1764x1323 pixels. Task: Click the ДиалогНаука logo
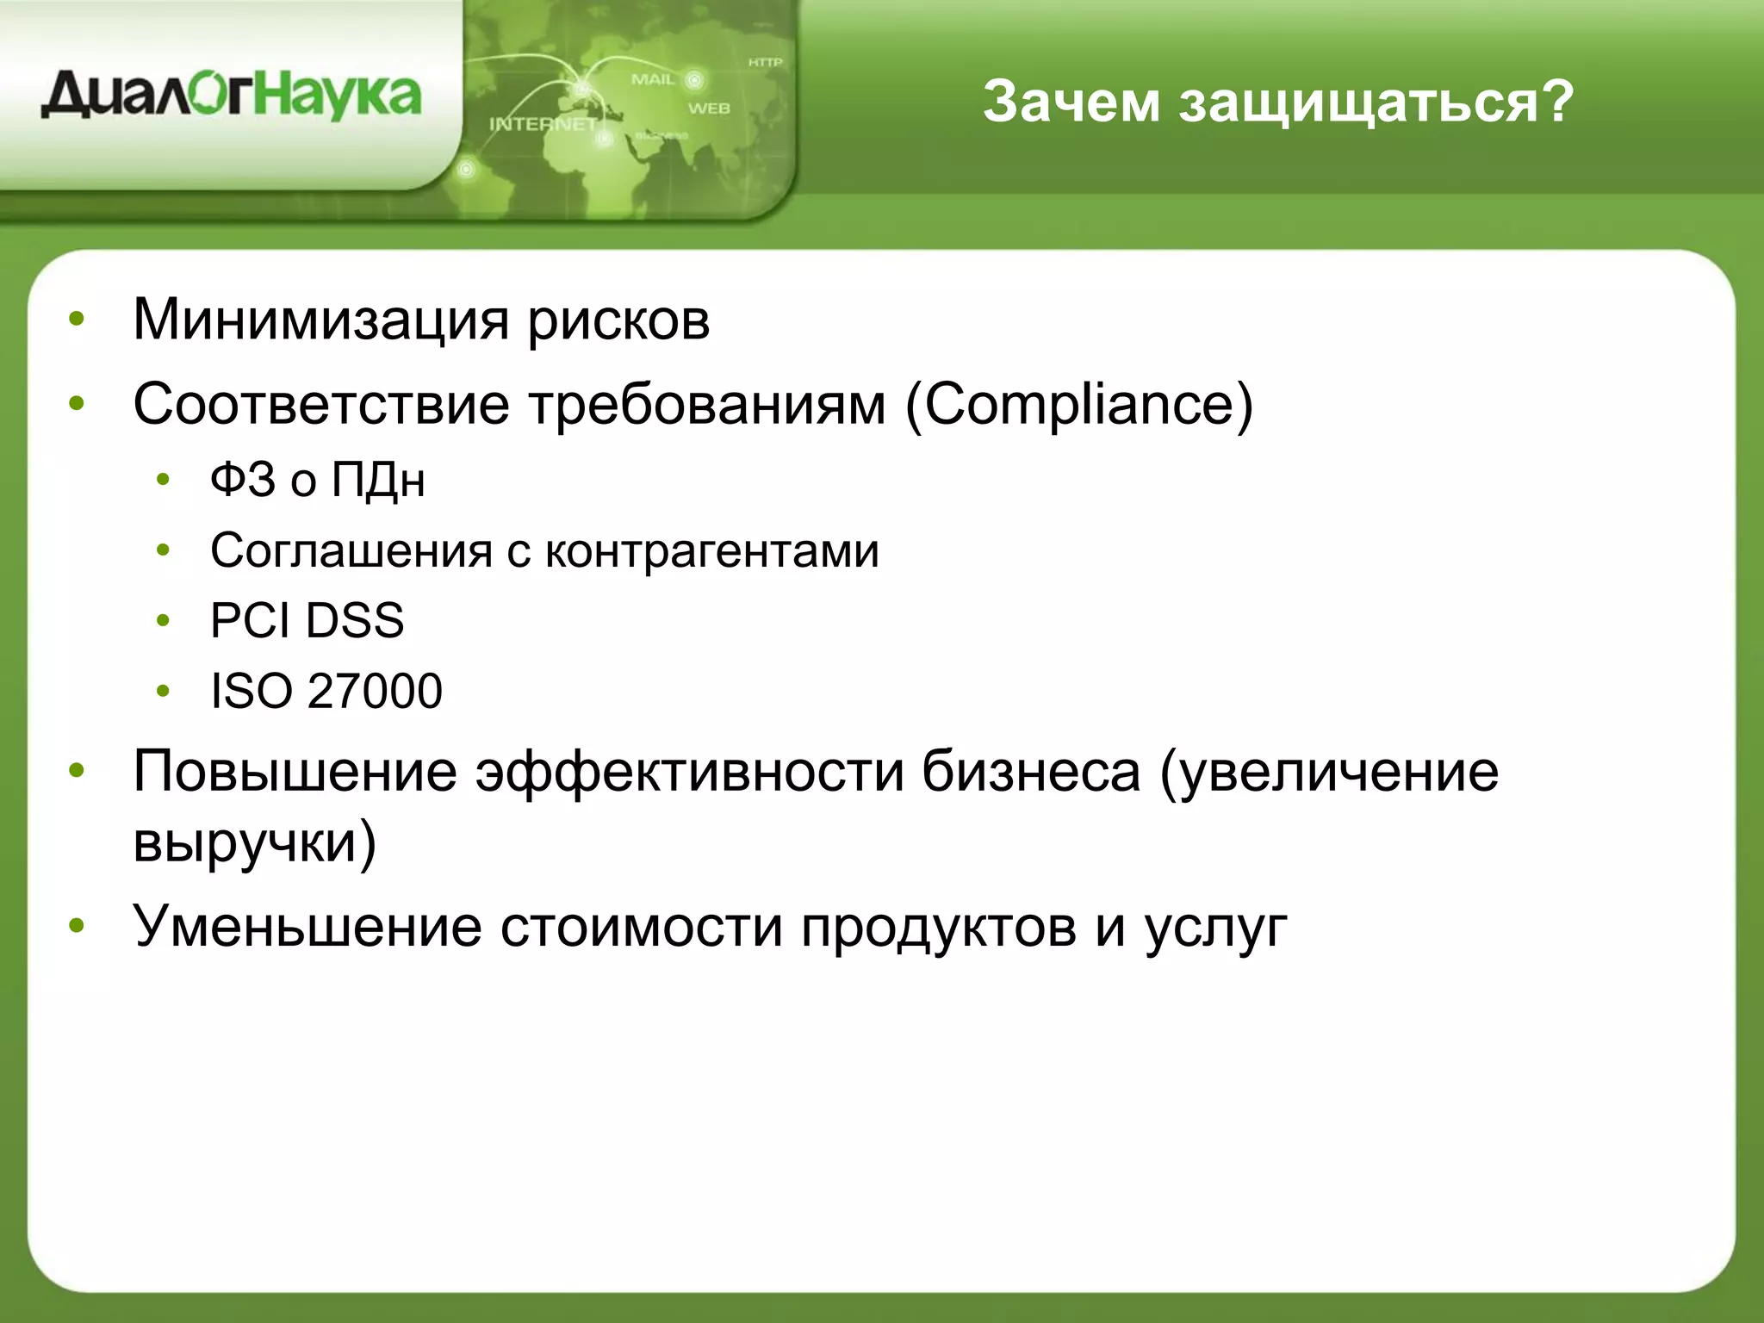[231, 96]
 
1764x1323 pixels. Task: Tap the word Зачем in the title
[1071, 102]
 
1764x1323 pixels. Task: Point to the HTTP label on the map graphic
[765, 62]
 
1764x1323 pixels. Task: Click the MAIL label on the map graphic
[653, 79]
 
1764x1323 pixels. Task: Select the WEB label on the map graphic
[708, 109]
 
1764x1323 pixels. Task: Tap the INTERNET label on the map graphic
[543, 124]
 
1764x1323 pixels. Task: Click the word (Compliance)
[1079, 405]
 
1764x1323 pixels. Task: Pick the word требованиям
[707, 405]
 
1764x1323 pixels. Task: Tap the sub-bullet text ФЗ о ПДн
[317, 480]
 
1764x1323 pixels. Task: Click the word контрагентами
[712, 551]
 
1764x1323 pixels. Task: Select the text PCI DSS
[307, 620]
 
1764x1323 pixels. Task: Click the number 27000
[375, 691]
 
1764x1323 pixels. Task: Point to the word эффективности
[689, 772]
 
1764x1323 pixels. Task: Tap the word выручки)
[254, 842]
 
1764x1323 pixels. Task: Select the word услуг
[1215, 929]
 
